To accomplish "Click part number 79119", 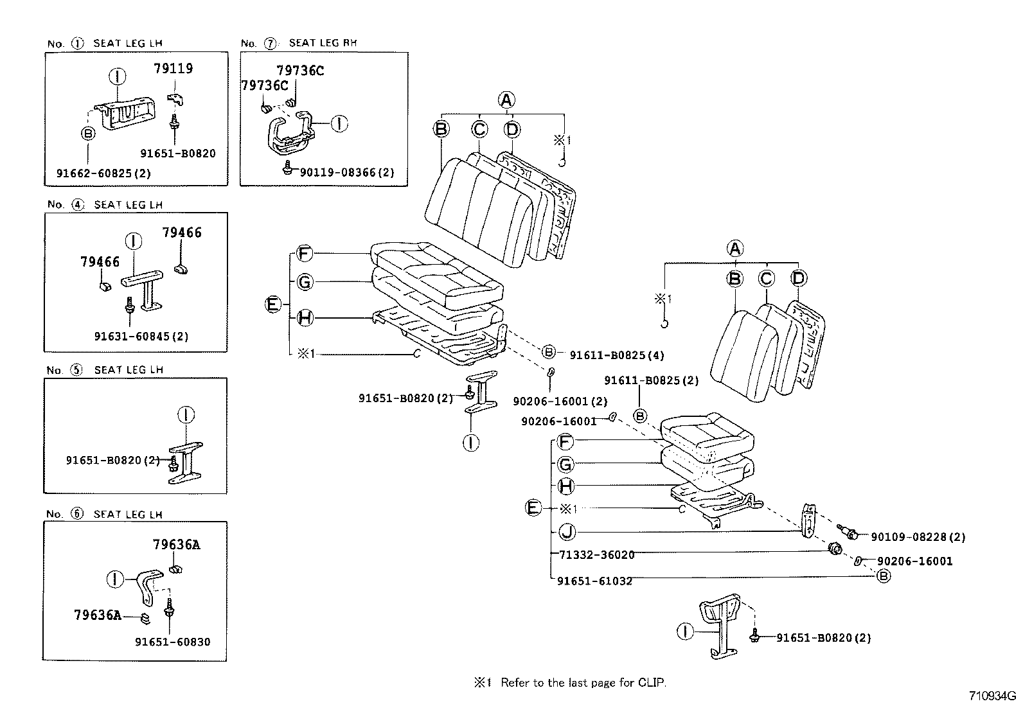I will click(x=173, y=68).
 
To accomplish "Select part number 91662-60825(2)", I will click(x=103, y=173).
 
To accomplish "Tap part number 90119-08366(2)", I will click(x=347, y=172).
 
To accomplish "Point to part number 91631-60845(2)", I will click(x=141, y=336).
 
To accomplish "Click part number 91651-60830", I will click(x=172, y=642).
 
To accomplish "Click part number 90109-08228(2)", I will click(x=918, y=537).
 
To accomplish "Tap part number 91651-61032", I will click(x=594, y=581).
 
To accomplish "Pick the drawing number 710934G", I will click(x=993, y=696).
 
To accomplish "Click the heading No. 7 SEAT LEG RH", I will click(x=299, y=43).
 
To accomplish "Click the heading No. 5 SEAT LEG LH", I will click(x=105, y=370).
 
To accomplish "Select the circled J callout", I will click(x=566, y=531).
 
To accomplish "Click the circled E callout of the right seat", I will click(x=533, y=508).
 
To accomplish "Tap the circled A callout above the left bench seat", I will click(x=506, y=100).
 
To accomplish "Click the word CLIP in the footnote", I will click(x=652, y=682).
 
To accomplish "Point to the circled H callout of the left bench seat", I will click(x=305, y=317).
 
